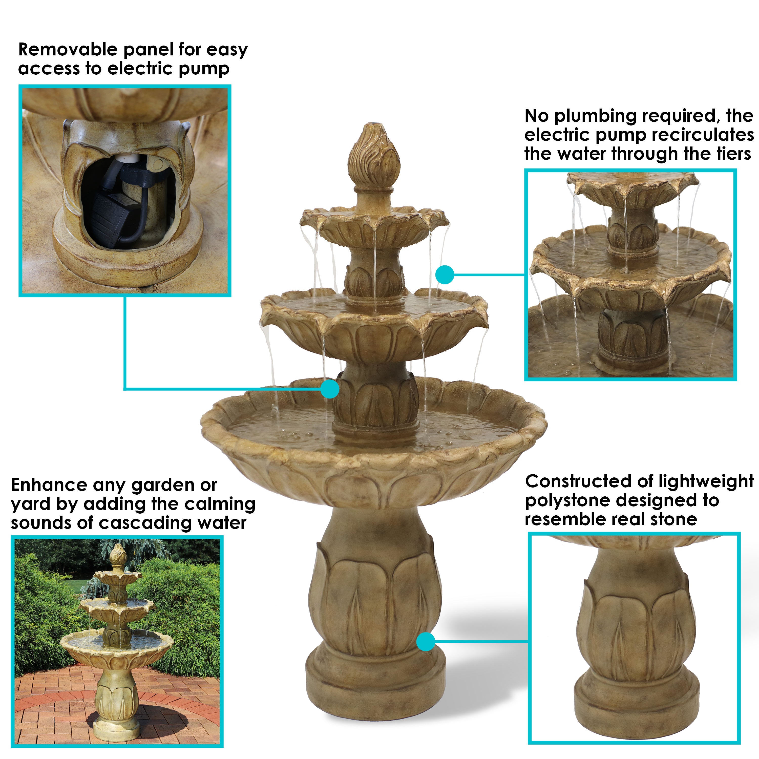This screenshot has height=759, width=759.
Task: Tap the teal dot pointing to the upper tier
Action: [445, 275]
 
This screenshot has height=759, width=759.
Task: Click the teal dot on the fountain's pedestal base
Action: [426, 642]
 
